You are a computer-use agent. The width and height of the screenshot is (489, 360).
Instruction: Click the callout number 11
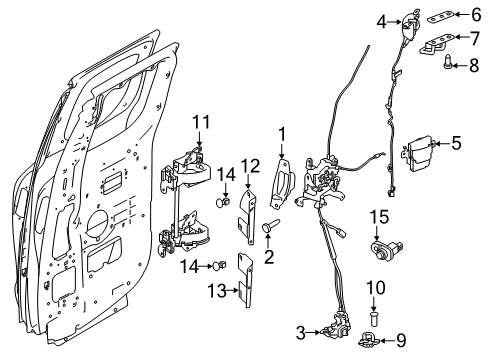(201, 122)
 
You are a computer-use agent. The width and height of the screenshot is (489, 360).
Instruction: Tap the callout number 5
(456, 143)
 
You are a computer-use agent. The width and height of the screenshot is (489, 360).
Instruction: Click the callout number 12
(250, 166)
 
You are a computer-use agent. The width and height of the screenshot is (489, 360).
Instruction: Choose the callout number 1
(283, 133)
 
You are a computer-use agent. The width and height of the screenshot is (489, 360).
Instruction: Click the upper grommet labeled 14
(225, 201)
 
